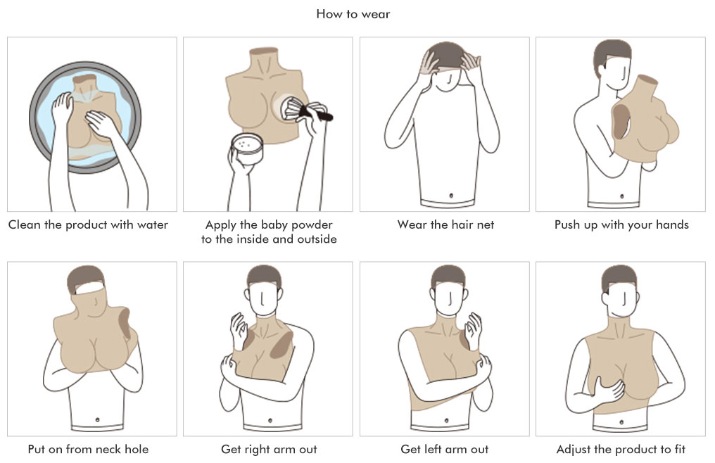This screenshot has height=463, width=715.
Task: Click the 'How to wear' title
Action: coord(353,14)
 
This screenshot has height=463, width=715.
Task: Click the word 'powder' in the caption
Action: coord(312,225)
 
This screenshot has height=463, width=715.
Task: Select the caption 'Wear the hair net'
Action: coord(445,224)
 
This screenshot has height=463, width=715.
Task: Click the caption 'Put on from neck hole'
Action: coord(89,450)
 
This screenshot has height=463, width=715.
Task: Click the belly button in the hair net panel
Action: coord(451,196)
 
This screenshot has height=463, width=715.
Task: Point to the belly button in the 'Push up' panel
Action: coord(622,196)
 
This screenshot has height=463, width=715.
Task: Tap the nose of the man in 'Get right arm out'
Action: coord(262,300)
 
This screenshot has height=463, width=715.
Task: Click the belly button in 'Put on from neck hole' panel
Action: coord(97,419)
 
